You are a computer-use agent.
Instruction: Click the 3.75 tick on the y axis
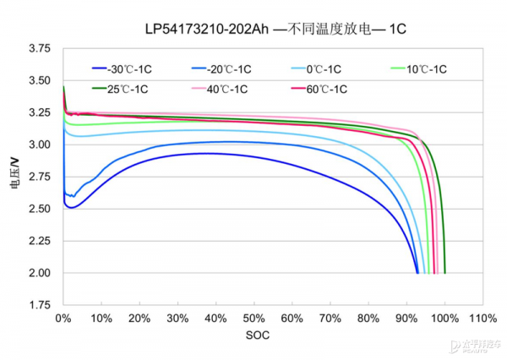(39, 49)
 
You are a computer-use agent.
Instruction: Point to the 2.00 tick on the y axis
(39, 273)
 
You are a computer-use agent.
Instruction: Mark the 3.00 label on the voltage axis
(39, 145)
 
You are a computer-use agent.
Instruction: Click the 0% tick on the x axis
(63, 319)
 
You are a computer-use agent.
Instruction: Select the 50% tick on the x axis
(253, 319)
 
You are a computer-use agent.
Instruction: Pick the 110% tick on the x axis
(482, 319)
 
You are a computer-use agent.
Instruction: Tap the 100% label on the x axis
(444, 319)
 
